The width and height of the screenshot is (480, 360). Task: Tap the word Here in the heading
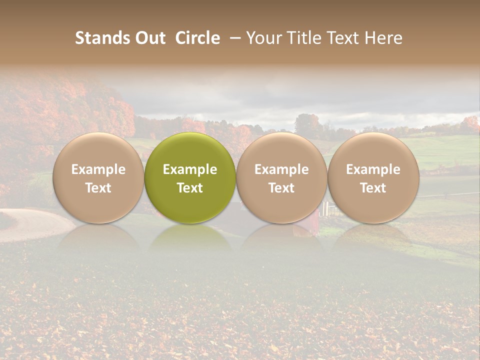(x=383, y=38)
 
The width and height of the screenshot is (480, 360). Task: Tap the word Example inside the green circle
(x=190, y=169)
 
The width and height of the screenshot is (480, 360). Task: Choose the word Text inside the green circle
(x=190, y=188)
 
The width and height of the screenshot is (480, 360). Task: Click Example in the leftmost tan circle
(x=98, y=169)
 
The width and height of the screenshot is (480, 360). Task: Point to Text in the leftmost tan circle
(x=98, y=188)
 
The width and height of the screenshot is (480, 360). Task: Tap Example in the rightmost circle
(x=373, y=169)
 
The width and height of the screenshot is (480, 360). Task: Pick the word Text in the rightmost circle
(x=373, y=188)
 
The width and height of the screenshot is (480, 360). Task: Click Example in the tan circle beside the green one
(x=281, y=169)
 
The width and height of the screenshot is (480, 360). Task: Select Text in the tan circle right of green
(x=281, y=188)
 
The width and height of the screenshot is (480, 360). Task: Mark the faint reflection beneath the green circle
(x=190, y=237)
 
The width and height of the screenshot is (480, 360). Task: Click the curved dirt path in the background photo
(x=30, y=225)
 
